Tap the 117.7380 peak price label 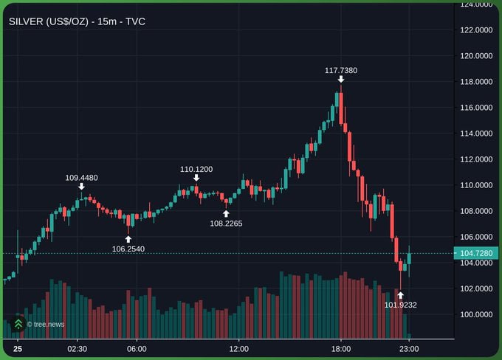[x=341, y=70]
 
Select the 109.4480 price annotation [x=81, y=177]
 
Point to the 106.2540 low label [x=128, y=249]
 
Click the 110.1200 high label [x=196, y=169]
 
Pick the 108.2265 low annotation [x=226, y=223]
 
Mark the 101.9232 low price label [x=401, y=304]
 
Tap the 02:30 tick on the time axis [x=77, y=348]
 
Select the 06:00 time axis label [x=137, y=348]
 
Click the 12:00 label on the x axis [x=238, y=348]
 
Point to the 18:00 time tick [x=340, y=348]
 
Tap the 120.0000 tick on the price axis [x=476, y=56]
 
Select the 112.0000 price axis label [x=476, y=159]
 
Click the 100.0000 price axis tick [x=476, y=315]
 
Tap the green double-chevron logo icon [x=18, y=324]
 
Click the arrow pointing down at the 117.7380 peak [x=341, y=79]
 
